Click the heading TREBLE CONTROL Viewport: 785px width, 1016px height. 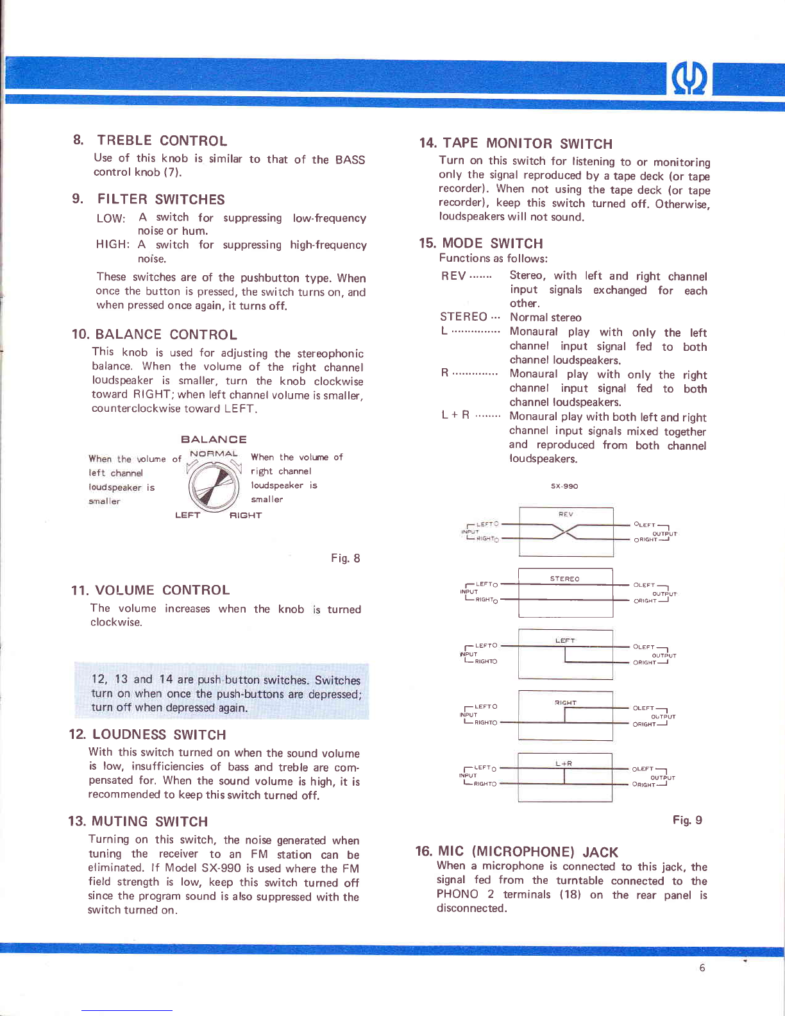point(162,141)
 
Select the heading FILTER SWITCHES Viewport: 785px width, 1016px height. point(160,199)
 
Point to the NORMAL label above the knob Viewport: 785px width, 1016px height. point(214,454)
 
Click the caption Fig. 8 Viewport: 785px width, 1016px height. point(345,558)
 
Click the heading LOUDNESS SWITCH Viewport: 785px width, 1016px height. point(158,735)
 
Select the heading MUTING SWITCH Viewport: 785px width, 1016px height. point(149,822)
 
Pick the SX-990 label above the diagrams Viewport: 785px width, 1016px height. point(564,486)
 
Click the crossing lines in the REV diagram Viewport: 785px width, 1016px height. point(565,532)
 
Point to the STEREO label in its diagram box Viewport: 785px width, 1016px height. point(564,579)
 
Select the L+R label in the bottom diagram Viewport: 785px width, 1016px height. point(564,763)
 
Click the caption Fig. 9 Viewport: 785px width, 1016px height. point(687,820)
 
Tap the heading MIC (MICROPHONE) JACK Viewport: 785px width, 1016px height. point(527,852)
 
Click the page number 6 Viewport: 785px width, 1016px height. point(702,968)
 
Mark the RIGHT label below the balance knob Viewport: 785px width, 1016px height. point(246,515)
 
